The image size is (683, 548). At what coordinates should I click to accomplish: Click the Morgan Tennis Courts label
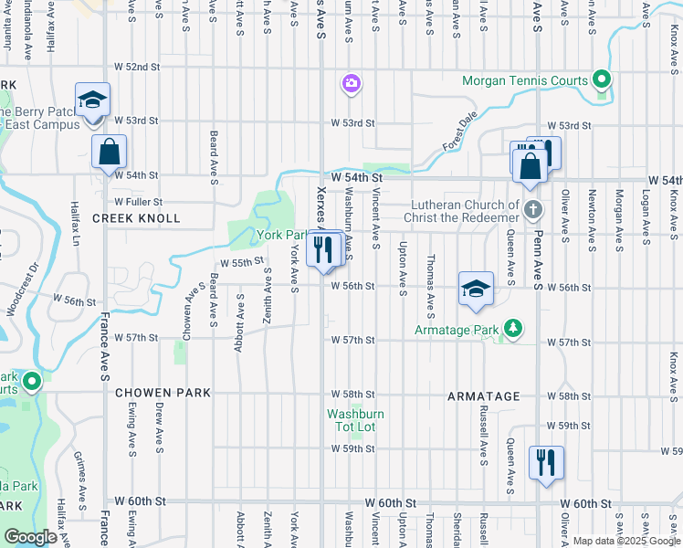click(525, 80)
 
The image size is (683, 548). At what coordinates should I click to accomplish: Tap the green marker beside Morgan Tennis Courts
click(601, 79)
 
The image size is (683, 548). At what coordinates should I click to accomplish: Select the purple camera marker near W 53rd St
click(351, 85)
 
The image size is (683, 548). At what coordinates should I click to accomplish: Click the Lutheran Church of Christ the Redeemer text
click(465, 211)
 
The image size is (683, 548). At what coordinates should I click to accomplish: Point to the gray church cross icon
click(534, 211)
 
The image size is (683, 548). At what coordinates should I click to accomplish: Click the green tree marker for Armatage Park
click(513, 328)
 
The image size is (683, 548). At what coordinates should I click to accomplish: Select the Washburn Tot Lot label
click(356, 420)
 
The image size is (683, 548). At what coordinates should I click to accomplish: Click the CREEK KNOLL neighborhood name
click(136, 218)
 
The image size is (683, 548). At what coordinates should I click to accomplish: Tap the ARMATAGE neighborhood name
click(484, 396)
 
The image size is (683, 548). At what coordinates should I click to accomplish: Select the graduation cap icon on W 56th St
click(475, 290)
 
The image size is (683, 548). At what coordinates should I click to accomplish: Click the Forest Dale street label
click(460, 132)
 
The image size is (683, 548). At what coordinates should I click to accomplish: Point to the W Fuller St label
click(138, 201)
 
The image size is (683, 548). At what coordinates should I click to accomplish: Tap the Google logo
click(30, 537)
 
